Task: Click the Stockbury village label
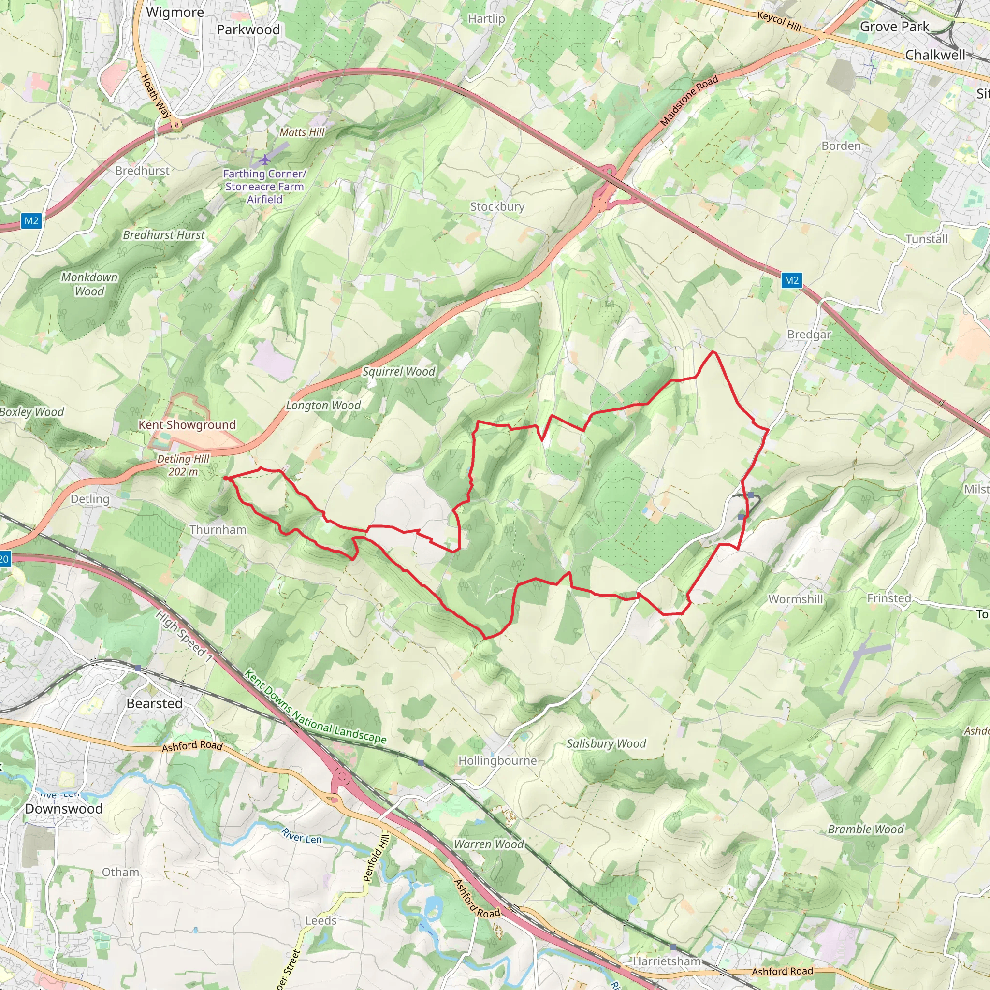click(497, 206)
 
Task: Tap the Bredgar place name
click(809, 334)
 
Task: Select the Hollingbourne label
click(497, 760)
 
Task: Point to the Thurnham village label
click(218, 529)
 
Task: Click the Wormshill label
click(795, 599)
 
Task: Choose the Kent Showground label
click(187, 425)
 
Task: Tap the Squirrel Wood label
click(399, 372)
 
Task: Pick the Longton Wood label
click(323, 405)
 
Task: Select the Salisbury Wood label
click(606, 743)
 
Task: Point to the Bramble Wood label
click(865, 829)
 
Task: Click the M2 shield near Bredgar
click(791, 280)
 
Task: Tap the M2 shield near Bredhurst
click(31, 221)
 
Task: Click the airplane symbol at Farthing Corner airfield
click(264, 160)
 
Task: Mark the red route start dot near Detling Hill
click(225, 478)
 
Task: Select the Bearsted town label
click(154, 703)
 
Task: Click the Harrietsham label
click(667, 961)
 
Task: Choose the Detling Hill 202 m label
click(183, 465)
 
